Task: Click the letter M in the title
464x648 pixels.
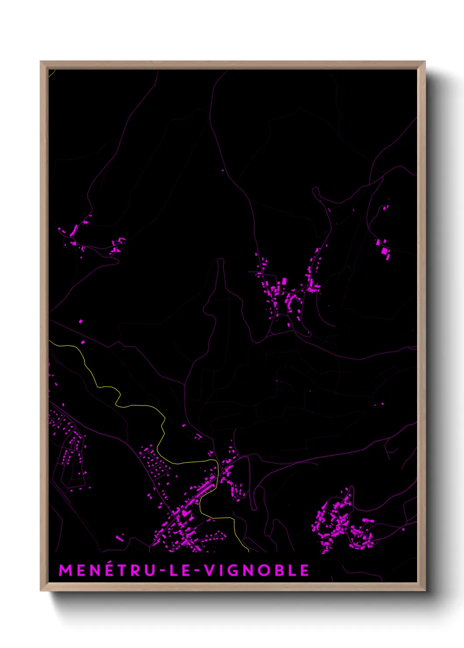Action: pyautogui.click(x=65, y=570)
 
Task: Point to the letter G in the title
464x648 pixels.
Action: pyautogui.click(x=235, y=570)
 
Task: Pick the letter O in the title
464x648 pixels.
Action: pyautogui.click(x=263, y=570)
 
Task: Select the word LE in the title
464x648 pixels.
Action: pyautogui.click(x=179, y=570)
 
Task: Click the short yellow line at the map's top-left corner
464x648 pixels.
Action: pyautogui.click(x=51, y=73)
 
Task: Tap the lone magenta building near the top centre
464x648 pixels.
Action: pyautogui.click(x=223, y=170)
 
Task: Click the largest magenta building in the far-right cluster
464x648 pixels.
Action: pyautogui.click(x=385, y=251)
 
